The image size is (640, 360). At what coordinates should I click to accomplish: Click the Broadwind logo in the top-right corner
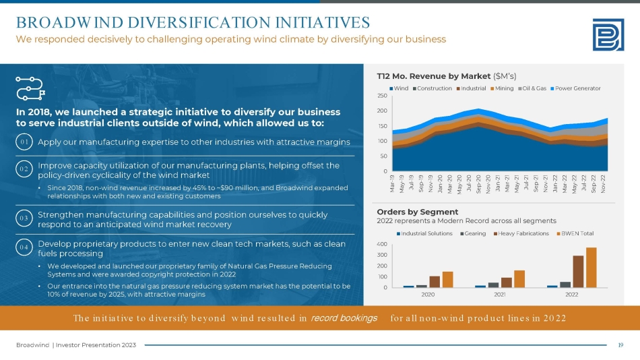tap(608, 34)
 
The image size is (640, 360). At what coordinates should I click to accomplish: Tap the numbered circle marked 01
tap(24, 142)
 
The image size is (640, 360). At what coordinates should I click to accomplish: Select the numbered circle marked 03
tap(24, 218)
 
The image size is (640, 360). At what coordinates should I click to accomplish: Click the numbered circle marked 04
tap(24, 248)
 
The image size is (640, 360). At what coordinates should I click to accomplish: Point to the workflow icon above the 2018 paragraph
tap(29, 87)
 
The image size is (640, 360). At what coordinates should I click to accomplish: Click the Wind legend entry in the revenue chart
tap(399, 88)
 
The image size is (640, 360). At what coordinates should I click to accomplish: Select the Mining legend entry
tap(502, 88)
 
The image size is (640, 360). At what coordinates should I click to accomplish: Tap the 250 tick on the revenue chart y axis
tap(381, 96)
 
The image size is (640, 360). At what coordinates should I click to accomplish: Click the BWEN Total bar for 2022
tap(591, 268)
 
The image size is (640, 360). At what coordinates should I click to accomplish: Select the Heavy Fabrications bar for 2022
tap(578, 272)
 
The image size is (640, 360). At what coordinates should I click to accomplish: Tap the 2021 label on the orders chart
tap(501, 294)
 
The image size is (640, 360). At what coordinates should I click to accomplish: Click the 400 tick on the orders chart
tap(381, 244)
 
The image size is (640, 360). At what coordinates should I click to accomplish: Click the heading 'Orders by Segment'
tap(409, 211)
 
